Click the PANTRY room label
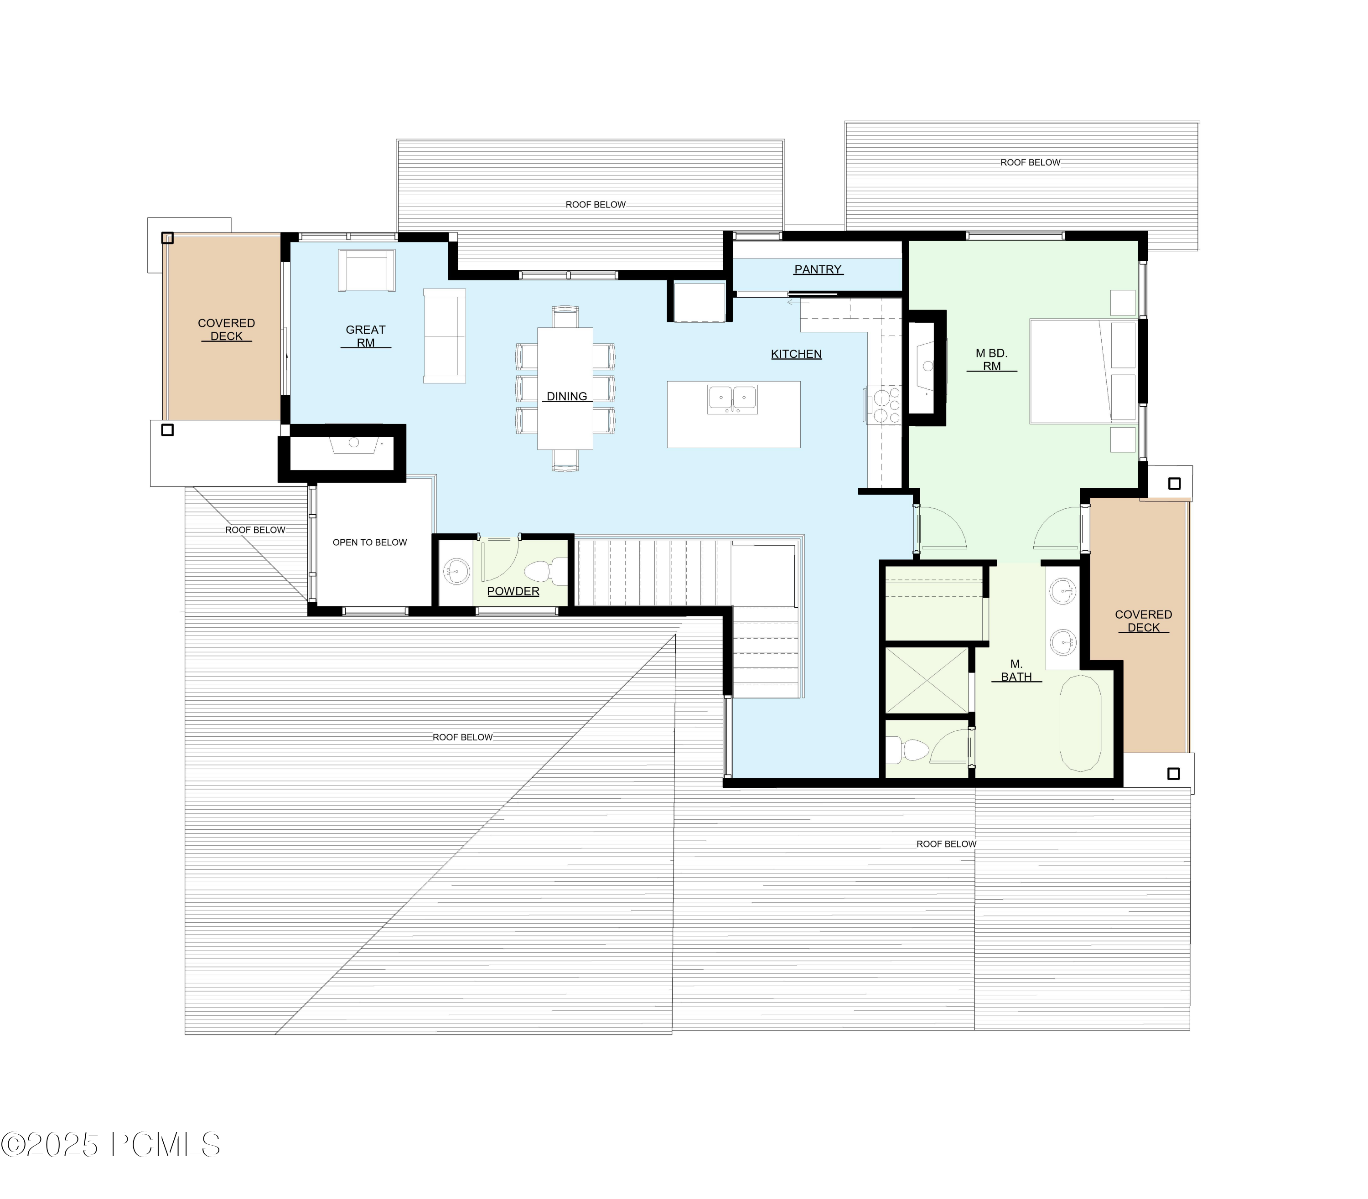coord(818,269)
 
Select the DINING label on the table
coord(566,396)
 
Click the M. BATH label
coord(1016,671)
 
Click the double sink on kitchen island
coord(733,399)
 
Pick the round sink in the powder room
coord(457,571)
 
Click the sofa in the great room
coord(445,336)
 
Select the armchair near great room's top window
coord(367,270)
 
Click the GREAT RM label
coord(365,336)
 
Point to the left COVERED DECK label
coord(226,329)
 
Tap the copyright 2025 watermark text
coord(110,1145)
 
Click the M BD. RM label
coord(991,359)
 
